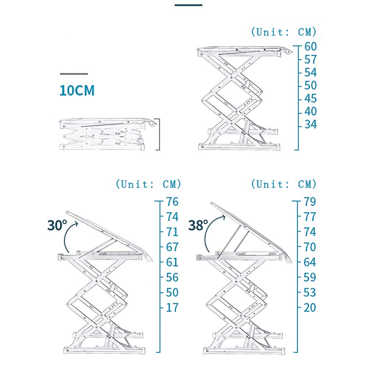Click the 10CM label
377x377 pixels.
tap(77, 90)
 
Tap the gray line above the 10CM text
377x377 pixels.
tap(74, 74)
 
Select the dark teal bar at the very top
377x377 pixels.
tap(188, 5)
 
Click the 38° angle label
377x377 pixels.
tap(198, 225)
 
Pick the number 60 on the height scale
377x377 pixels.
tap(310, 47)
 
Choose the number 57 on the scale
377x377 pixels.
tap(310, 60)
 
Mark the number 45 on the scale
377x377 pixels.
tap(310, 99)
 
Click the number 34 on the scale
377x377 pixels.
tap(310, 125)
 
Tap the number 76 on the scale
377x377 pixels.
tap(172, 202)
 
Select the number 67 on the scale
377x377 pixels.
tap(172, 247)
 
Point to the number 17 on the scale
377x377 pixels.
tap(172, 307)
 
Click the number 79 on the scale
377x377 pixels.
tap(310, 202)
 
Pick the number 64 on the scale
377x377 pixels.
tap(310, 262)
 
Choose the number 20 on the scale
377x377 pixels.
tap(310, 307)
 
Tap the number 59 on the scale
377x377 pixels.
tap(310, 277)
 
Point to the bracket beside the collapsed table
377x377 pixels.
tap(159, 134)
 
